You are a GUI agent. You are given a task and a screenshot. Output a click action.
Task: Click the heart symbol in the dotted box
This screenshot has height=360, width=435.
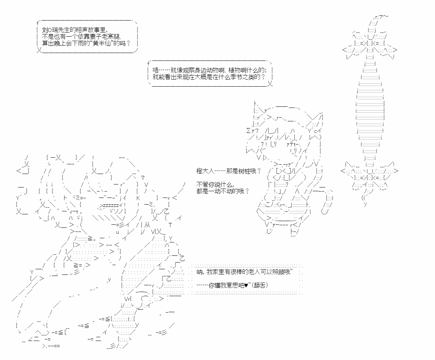click(246, 285)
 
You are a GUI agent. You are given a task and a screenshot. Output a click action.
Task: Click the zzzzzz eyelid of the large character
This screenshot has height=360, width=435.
click(110, 205)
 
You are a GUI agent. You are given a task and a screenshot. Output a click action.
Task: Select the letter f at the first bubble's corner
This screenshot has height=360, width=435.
click(37, 24)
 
